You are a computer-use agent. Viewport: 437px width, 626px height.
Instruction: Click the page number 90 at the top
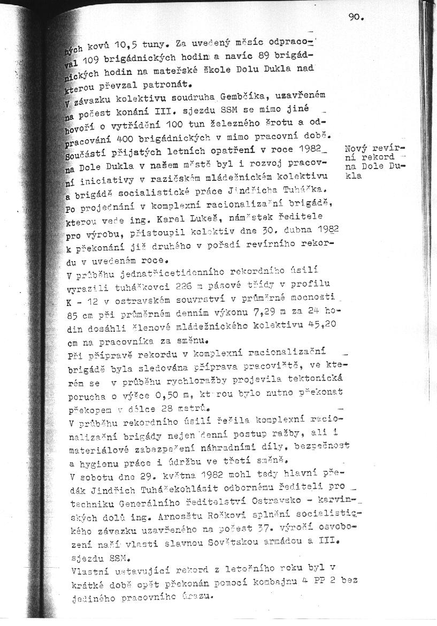coord(355,17)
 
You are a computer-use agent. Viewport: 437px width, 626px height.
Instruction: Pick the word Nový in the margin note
coord(356,148)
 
